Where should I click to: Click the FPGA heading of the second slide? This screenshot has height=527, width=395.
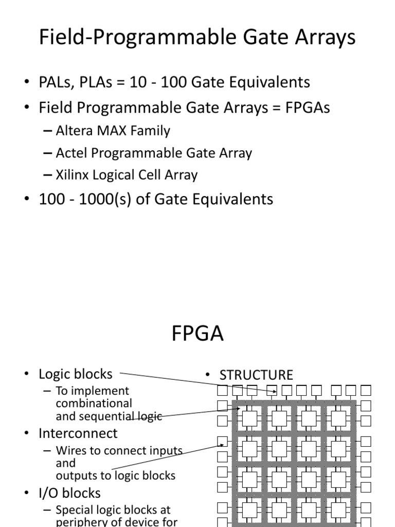197,334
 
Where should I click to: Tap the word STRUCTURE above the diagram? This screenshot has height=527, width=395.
256,375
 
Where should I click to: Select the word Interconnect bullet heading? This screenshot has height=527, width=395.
78,433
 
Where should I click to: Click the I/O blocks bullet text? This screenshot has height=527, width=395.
69,493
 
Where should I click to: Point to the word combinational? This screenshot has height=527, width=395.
94,403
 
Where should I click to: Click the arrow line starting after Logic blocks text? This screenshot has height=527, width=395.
195,382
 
